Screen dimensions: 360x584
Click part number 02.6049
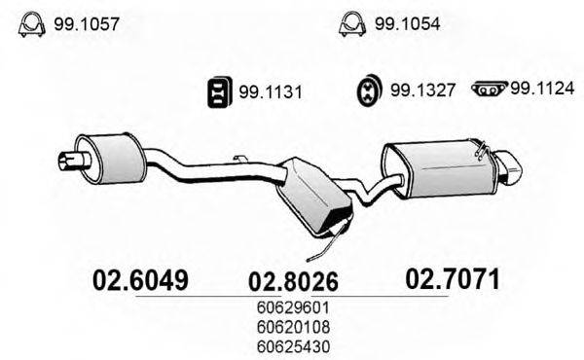(138, 280)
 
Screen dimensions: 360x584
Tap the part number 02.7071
(452, 280)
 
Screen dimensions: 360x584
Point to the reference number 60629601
(296, 308)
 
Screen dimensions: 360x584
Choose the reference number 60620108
(296, 326)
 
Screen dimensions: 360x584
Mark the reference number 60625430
(296, 343)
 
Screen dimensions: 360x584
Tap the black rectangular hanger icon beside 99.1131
(219, 93)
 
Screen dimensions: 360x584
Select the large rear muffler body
(434, 166)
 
